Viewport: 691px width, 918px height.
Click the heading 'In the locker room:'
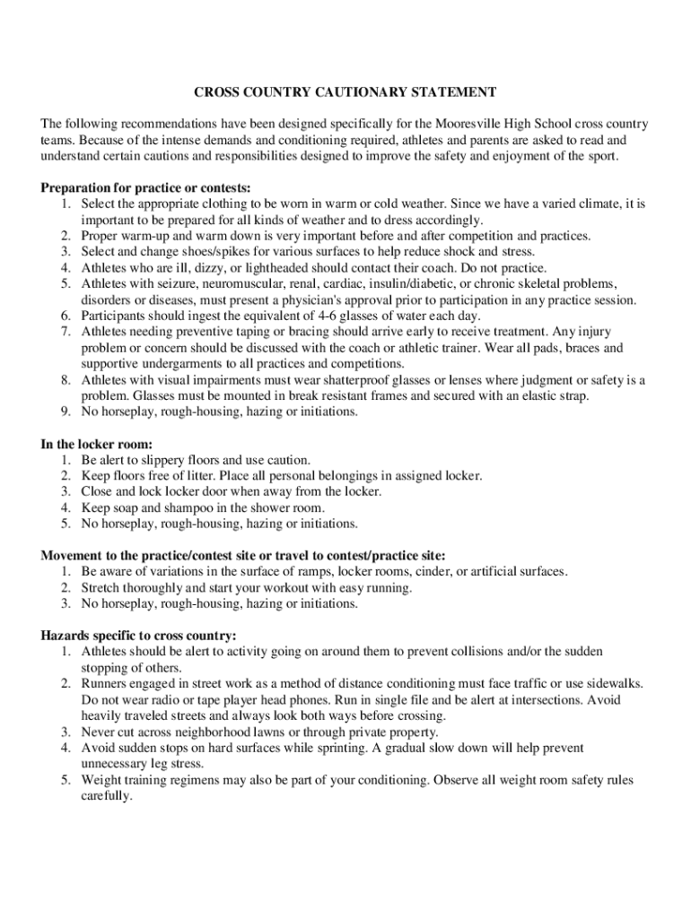(x=96, y=444)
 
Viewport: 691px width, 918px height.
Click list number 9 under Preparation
(x=66, y=411)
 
